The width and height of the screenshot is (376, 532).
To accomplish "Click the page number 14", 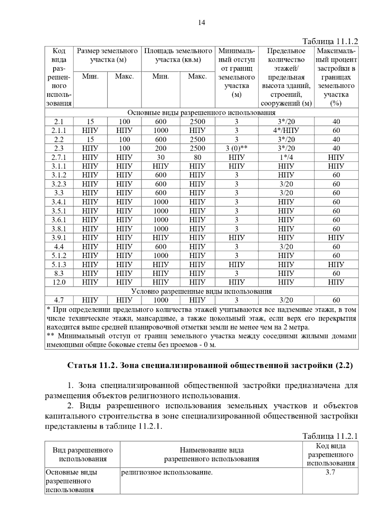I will pyautogui.click(x=201, y=23).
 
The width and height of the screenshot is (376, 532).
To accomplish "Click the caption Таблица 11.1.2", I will pyautogui.click(x=330, y=41).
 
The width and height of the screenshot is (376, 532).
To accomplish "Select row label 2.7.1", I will pyautogui.click(x=59, y=157).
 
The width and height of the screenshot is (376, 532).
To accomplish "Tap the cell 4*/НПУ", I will pyautogui.click(x=286, y=130).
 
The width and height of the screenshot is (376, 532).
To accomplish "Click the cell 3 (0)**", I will pyautogui.click(x=237, y=148).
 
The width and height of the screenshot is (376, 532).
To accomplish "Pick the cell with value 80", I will pyautogui.click(x=197, y=157).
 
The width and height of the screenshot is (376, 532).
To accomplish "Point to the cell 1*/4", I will pyautogui.click(x=286, y=157).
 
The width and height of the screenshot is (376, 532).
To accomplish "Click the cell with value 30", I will pyautogui.click(x=160, y=157).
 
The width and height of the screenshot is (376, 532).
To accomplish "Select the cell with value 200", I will pyautogui.click(x=160, y=148).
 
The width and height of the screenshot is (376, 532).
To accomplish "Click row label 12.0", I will pyautogui.click(x=59, y=282).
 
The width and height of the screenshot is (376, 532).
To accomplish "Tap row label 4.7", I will pyautogui.click(x=59, y=300).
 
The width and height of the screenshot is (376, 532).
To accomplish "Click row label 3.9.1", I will pyautogui.click(x=59, y=237).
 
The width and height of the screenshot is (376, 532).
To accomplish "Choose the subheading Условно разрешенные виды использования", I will pyautogui.click(x=201, y=291).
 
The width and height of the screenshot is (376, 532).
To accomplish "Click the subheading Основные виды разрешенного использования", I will pyautogui.click(x=201, y=113).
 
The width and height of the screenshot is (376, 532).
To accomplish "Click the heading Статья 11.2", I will pyautogui.click(x=210, y=365).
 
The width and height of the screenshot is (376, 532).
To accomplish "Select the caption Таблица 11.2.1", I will pyautogui.click(x=330, y=436).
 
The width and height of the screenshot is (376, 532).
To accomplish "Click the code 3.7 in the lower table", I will pyautogui.click(x=330, y=472).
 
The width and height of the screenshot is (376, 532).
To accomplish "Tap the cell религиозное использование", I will pyautogui.click(x=167, y=472).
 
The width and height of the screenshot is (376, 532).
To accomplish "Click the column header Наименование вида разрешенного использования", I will pyautogui.click(x=211, y=455).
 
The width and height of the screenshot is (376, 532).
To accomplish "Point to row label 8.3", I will pyautogui.click(x=59, y=273).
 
